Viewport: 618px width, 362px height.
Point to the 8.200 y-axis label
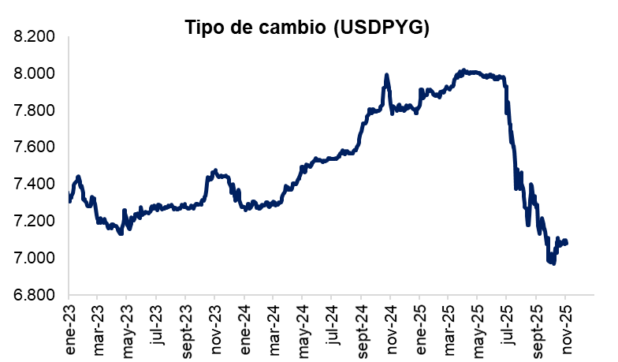click(34, 37)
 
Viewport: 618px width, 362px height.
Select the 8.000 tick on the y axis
click(34, 73)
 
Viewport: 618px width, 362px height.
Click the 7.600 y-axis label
click(34, 147)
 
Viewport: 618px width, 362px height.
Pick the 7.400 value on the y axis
click(34, 185)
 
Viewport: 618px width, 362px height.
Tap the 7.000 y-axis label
click(34, 258)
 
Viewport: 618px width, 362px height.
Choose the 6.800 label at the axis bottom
click(34, 295)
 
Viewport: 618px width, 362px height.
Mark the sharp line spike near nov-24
click(386, 76)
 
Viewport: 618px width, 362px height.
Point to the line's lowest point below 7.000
click(553, 263)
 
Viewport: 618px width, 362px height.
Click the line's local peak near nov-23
click(214, 170)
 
